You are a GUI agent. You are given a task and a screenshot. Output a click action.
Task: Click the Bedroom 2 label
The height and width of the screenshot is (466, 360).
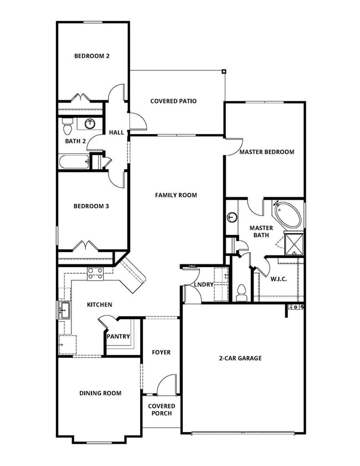[92, 56]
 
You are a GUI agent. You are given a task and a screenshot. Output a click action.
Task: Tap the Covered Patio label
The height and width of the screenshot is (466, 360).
[173, 101]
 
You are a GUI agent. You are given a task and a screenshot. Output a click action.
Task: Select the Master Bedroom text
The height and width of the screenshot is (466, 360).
[266, 152]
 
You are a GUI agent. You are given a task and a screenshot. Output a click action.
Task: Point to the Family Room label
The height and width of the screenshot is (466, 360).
[176, 195]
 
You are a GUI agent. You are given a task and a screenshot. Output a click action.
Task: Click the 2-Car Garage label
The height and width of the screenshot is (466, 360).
[240, 358]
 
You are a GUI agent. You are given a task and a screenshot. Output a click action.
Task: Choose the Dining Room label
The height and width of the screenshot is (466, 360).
[100, 393]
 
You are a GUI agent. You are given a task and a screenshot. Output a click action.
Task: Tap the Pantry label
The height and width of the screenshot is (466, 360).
[118, 336]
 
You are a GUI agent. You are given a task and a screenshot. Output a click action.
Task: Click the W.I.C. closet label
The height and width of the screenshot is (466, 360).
[279, 279]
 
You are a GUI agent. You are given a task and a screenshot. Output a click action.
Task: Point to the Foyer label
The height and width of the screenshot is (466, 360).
[162, 352]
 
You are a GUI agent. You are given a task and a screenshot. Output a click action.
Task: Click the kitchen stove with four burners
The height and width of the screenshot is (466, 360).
[95, 272]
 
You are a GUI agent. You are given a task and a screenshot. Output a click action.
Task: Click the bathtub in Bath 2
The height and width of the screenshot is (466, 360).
[74, 162]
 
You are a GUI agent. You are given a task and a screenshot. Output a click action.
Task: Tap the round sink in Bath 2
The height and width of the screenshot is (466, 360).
[90, 124]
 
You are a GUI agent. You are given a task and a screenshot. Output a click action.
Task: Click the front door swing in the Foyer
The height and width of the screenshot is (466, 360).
[167, 386]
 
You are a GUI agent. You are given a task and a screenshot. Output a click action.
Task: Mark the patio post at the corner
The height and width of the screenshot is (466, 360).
[224, 71]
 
